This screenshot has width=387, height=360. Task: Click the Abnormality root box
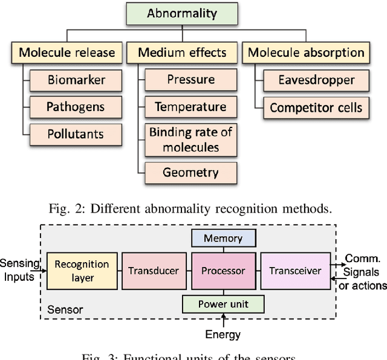pyautogui.click(x=182, y=13)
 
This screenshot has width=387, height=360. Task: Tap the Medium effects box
pyautogui.click(x=181, y=52)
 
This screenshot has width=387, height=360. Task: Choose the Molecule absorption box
pyautogui.click(x=307, y=52)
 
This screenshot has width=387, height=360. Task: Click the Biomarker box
pyautogui.click(x=76, y=80)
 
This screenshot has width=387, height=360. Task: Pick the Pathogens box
pyautogui.click(x=76, y=107)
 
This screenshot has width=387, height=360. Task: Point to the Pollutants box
pyautogui.click(x=76, y=134)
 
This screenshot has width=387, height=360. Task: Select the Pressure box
pyautogui.click(x=191, y=80)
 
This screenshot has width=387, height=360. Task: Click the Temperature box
pyautogui.click(x=191, y=107)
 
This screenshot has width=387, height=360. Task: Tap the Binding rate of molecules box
pyautogui.click(x=191, y=140)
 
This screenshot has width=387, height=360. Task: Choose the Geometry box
pyautogui.click(x=191, y=173)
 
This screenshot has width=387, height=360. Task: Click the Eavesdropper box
pyautogui.click(x=316, y=80)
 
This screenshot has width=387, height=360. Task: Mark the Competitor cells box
pyautogui.click(x=316, y=108)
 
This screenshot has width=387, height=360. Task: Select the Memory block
pyautogui.click(x=223, y=239)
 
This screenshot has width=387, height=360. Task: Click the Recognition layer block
pyautogui.click(x=82, y=271)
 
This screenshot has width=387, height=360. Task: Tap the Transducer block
pyautogui.click(x=154, y=271)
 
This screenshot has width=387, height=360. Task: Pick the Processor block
pyautogui.click(x=223, y=271)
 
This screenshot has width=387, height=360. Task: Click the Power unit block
pyautogui.click(x=223, y=304)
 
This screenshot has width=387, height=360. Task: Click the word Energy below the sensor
pyautogui.click(x=223, y=334)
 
